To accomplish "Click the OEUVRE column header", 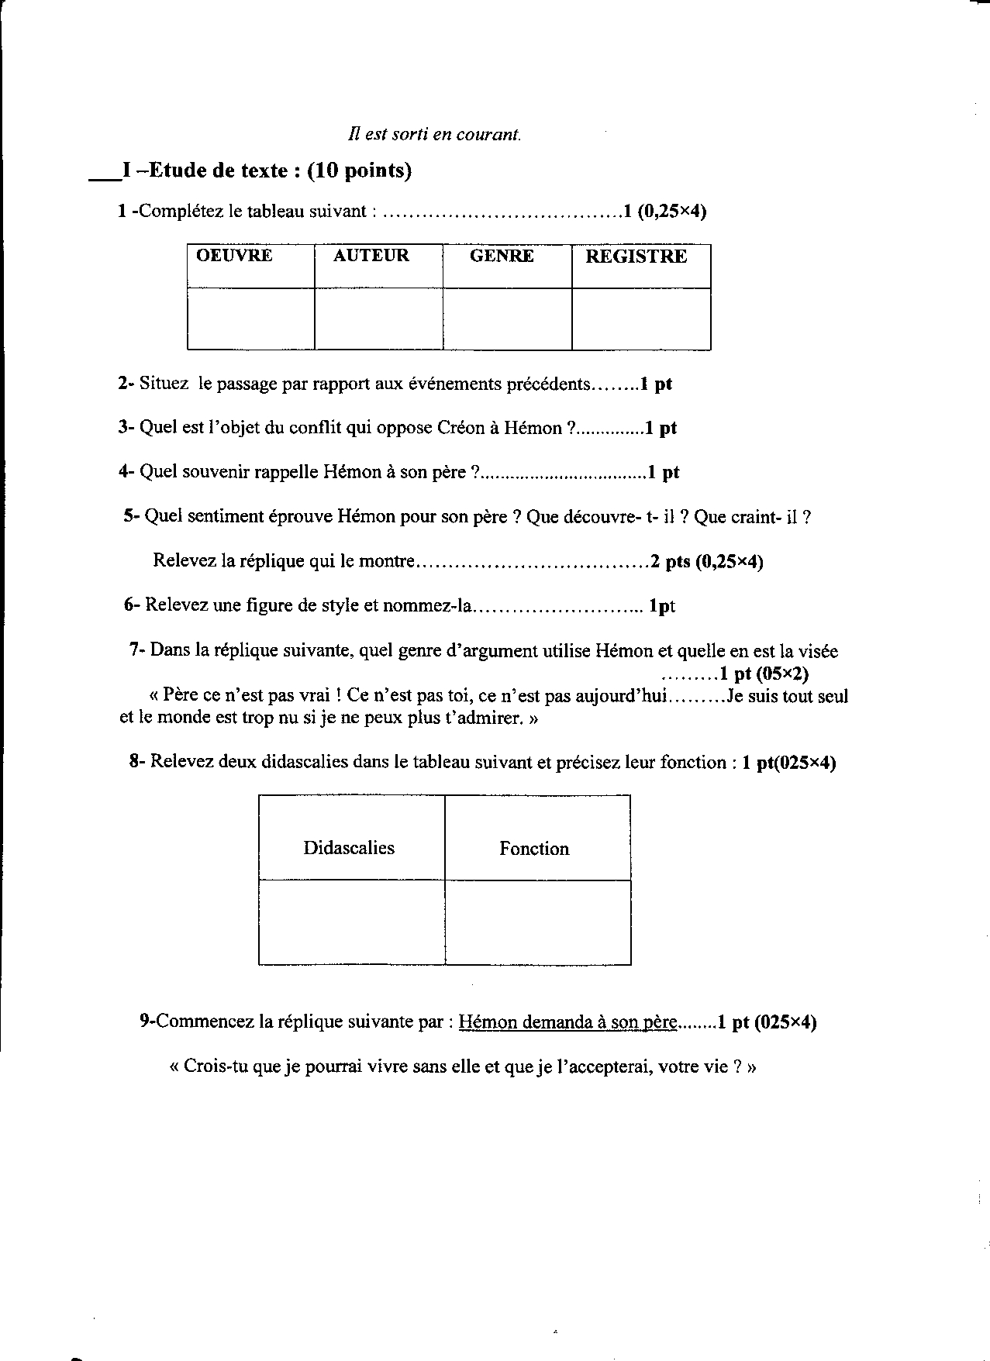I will pos(234,257).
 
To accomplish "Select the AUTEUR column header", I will pos(371,257).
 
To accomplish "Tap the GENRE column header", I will pos(502,257).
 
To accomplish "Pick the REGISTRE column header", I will pos(636,257).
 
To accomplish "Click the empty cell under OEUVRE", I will pos(250,319).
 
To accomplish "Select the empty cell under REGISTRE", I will pos(641,319).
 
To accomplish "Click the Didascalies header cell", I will pos(349,848).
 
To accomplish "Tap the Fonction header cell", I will pos(534,849).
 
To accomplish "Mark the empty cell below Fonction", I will pos(537,922).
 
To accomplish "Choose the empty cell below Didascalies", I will pos(351,922).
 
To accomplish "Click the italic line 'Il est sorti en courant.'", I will pos(435,134).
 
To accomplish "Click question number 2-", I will pos(126,384).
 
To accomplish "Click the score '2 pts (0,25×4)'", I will pos(706,562).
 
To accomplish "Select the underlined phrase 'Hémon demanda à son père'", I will pos(568,1022).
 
